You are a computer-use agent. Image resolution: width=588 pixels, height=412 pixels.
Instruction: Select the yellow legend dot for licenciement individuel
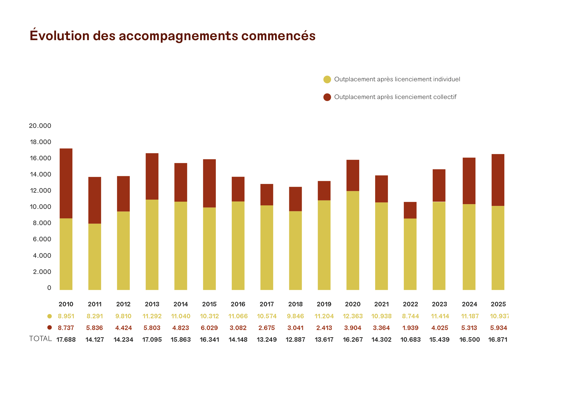click(x=327, y=80)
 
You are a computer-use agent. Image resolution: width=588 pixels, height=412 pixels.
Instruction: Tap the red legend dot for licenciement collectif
click(x=327, y=97)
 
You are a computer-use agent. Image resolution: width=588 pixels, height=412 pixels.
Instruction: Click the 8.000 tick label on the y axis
click(x=42, y=223)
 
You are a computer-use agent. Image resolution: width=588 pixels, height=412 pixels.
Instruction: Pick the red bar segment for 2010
click(x=66, y=183)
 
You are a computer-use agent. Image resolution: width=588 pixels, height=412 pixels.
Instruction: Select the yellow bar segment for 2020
click(x=353, y=241)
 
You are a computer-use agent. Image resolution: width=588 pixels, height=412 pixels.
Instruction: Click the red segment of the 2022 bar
click(x=410, y=210)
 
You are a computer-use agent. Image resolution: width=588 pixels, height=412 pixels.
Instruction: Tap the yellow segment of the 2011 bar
click(x=95, y=257)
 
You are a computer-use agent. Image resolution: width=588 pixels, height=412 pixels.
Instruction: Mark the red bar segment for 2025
click(x=498, y=180)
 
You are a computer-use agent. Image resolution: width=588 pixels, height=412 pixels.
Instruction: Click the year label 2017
click(x=267, y=304)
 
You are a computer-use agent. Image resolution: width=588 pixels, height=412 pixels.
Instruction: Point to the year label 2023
click(x=439, y=304)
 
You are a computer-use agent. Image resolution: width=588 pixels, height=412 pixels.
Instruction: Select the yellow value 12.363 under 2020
click(x=353, y=316)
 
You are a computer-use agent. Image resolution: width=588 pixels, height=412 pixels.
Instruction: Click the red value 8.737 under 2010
click(x=66, y=328)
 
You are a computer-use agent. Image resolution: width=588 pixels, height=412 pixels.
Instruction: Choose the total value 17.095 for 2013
click(x=152, y=340)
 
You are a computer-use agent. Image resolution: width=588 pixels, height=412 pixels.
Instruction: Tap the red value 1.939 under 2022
click(x=410, y=328)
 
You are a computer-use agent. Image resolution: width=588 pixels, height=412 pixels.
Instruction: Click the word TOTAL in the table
click(x=41, y=339)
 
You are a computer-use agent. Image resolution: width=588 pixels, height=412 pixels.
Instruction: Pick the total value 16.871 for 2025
click(x=498, y=340)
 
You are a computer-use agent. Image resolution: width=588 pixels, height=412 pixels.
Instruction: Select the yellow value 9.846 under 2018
click(x=295, y=316)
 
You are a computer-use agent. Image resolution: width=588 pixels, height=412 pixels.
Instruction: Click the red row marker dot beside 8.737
click(x=50, y=328)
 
